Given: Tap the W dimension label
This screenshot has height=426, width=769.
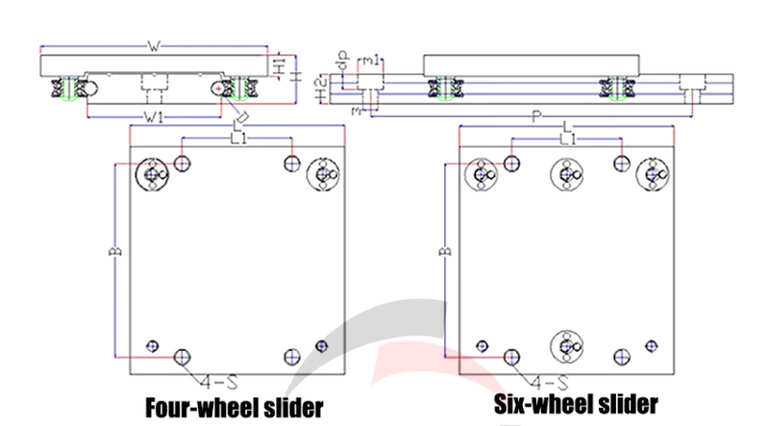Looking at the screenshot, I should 155,45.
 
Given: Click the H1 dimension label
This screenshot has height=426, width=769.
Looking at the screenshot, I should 277,68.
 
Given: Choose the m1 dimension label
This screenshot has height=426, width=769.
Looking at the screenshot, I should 378,62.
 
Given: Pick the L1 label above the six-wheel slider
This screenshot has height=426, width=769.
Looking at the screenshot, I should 567,140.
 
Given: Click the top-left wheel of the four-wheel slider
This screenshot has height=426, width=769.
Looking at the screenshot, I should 152,174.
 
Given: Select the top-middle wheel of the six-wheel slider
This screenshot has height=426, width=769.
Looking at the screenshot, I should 566,174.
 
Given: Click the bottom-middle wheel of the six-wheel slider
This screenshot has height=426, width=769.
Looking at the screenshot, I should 566,343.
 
